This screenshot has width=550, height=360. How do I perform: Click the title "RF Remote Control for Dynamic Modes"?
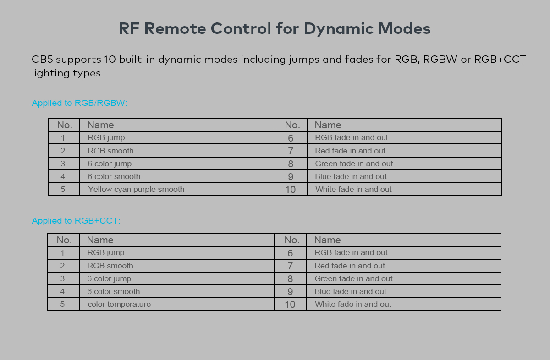point(275,29)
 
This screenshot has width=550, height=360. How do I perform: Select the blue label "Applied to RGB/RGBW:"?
point(79,103)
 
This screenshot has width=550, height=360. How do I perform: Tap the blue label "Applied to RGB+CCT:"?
point(76,221)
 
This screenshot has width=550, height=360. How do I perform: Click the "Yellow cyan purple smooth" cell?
point(136,189)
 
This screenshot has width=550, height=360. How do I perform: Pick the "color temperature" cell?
point(119,304)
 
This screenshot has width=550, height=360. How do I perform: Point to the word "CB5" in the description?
point(43,60)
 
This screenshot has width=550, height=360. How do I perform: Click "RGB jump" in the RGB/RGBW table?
point(106,137)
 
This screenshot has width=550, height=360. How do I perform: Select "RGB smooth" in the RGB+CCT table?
point(110,266)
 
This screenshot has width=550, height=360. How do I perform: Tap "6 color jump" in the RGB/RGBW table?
point(110,164)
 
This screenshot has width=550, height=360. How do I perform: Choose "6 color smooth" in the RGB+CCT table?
point(114,291)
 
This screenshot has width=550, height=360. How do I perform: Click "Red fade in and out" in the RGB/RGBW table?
point(350,151)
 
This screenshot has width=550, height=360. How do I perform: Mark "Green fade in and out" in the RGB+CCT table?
point(353,278)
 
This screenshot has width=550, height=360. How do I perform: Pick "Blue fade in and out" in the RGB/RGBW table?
point(351,176)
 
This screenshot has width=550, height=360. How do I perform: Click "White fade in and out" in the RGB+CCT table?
point(353,304)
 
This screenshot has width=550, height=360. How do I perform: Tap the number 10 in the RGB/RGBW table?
point(291,189)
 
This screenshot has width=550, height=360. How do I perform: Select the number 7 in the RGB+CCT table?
point(290,266)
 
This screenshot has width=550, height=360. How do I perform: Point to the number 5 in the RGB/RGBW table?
point(63,189)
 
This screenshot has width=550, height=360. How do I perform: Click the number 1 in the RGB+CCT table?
point(62,252)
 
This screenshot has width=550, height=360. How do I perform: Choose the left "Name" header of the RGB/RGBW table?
point(100,125)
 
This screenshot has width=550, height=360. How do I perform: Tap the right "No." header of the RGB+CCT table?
point(292,240)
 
